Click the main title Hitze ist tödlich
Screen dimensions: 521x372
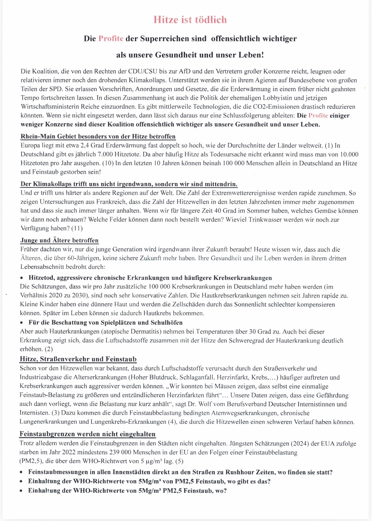(190, 20)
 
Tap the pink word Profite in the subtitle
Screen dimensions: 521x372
(111, 39)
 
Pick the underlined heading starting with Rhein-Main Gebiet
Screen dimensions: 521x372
(98, 137)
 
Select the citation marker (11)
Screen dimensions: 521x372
(77, 228)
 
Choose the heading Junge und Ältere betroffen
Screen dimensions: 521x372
(59, 240)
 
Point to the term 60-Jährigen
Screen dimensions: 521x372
(76, 258)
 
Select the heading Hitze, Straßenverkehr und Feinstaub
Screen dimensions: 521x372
(78, 359)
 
